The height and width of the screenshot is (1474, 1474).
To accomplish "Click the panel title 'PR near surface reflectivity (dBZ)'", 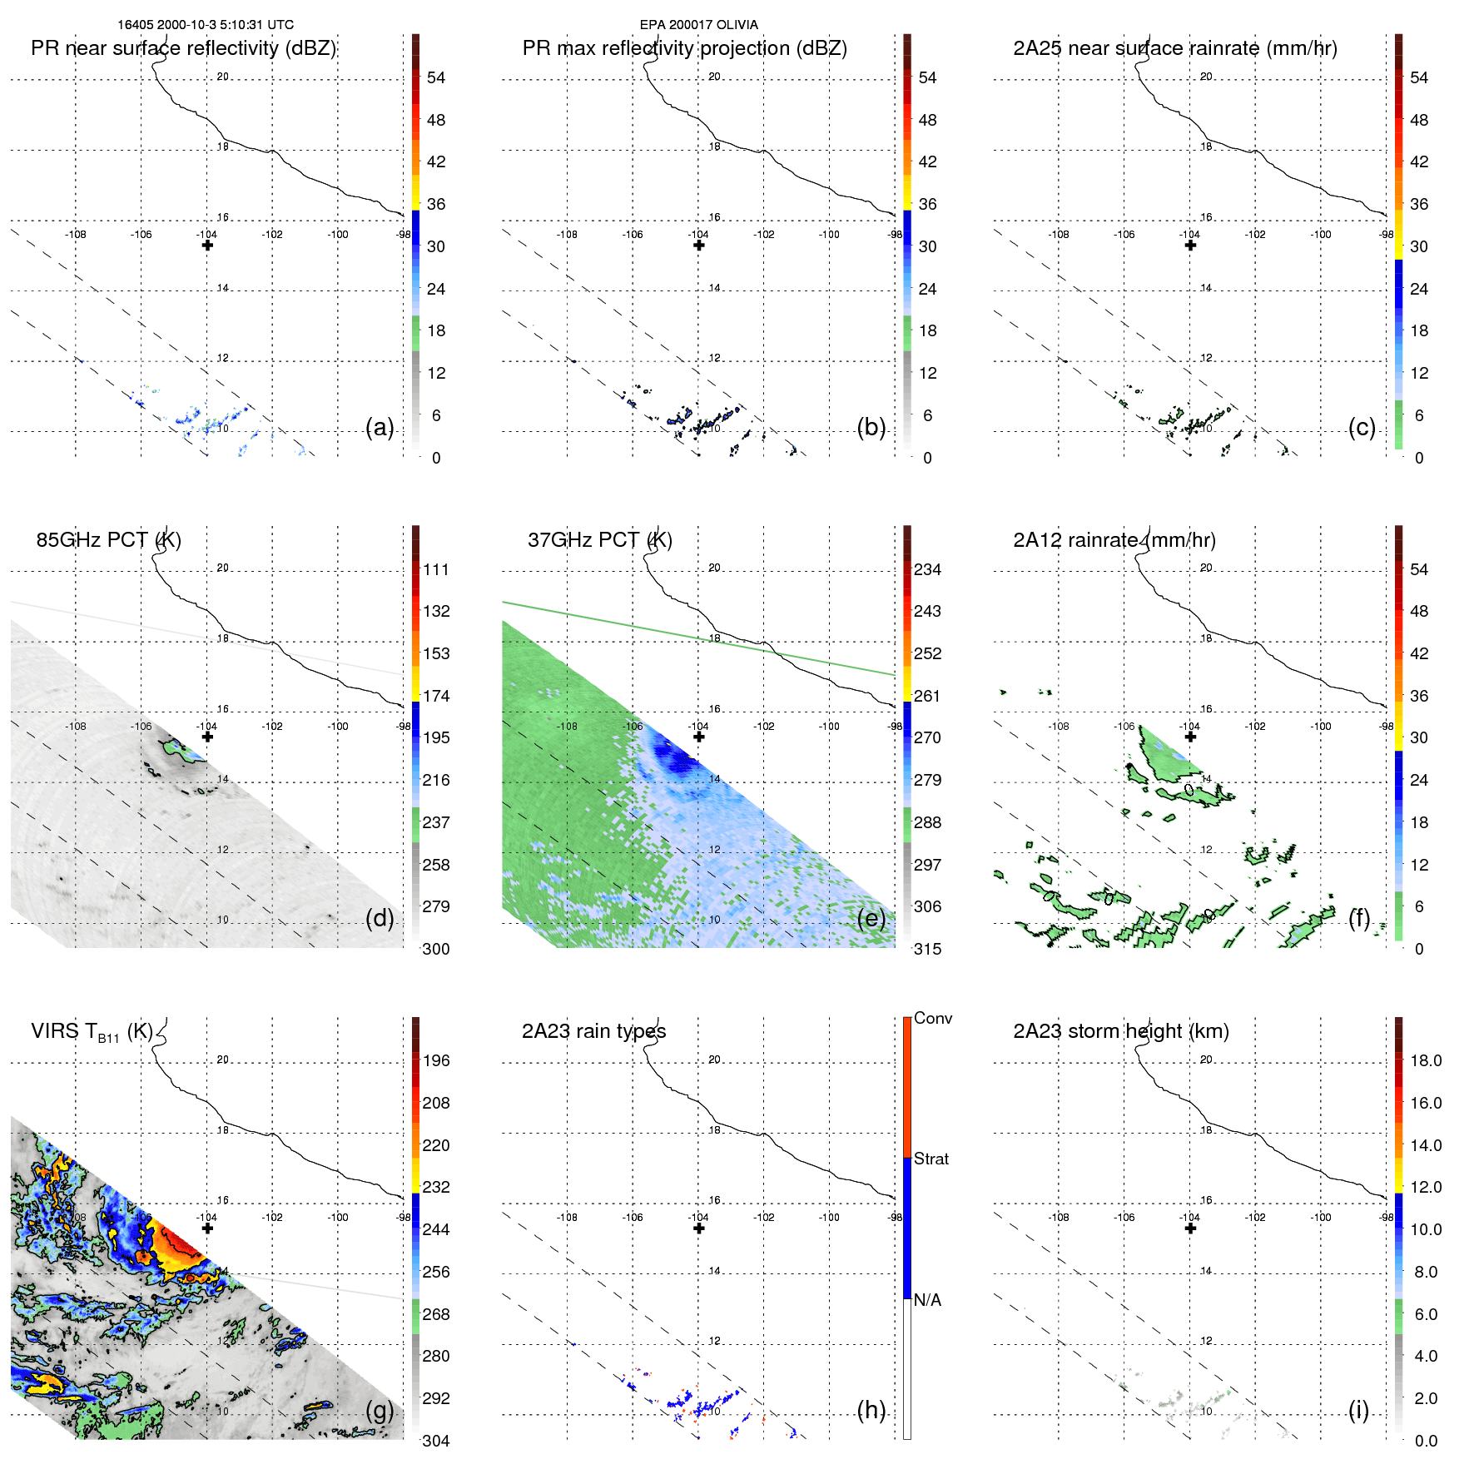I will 183,48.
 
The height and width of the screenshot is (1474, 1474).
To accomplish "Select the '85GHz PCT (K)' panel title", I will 108,540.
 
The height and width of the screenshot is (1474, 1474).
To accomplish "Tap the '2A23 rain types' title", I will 593,1031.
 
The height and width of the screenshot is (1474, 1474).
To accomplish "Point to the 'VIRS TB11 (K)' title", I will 92,1032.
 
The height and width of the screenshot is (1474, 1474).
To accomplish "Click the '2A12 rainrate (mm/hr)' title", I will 1114,540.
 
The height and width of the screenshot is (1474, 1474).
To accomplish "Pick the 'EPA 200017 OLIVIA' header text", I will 698,25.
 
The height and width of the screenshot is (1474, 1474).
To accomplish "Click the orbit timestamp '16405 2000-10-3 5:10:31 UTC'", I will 206,25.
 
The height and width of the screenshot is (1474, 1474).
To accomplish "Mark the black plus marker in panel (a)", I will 207,245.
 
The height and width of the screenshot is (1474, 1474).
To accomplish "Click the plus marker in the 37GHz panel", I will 699,737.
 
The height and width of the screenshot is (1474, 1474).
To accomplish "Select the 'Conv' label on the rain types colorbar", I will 932,1018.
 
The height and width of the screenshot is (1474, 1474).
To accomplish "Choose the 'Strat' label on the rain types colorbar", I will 931,1159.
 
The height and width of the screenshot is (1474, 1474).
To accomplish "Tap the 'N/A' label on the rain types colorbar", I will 927,1300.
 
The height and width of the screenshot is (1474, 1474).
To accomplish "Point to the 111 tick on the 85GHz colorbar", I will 435,569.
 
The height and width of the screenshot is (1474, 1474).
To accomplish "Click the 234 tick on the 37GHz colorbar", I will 927,569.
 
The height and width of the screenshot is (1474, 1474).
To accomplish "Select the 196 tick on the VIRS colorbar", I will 435,1060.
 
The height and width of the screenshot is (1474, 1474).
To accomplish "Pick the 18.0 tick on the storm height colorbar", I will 1425,1060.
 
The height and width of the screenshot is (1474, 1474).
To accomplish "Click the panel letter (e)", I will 871,918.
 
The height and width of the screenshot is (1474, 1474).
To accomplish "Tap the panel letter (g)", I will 380,1410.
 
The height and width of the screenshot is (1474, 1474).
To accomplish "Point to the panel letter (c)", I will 1362,427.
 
